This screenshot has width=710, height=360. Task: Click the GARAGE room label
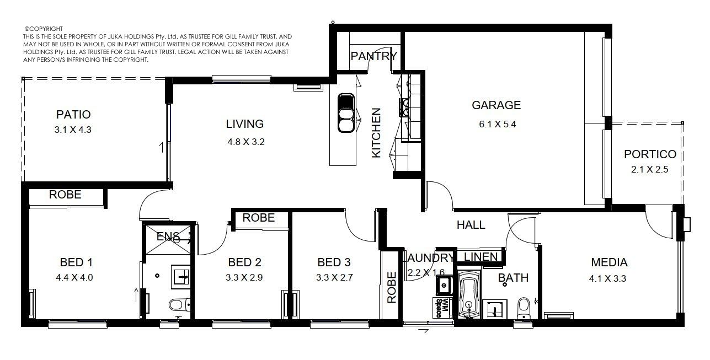tap(496, 105)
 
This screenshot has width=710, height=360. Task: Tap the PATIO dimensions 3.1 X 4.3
tap(73, 130)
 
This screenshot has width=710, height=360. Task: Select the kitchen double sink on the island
tap(346, 113)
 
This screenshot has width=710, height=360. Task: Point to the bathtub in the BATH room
tap(469, 294)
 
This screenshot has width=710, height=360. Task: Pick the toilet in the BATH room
tap(524, 308)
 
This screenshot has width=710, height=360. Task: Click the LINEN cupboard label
tap(481, 257)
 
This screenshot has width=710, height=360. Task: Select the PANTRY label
tap(373, 56)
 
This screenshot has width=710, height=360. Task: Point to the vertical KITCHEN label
tap(376, 133)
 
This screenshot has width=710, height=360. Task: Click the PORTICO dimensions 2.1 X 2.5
tap(649, 169)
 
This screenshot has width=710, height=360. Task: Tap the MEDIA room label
tap(609, 262)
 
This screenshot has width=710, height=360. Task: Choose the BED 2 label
tap(244, 262)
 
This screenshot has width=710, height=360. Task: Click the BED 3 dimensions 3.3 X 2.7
tap(334, 277)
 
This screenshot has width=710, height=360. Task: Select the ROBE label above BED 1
tap(65, 195)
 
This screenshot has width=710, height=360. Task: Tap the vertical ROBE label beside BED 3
tap(392, 287)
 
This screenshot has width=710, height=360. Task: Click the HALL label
tap(471, 225)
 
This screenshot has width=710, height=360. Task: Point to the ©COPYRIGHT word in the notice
tap(44, 29)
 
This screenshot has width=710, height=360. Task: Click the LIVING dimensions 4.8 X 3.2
tap(246, 142)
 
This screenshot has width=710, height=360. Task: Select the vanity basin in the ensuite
tap(180, 277)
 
